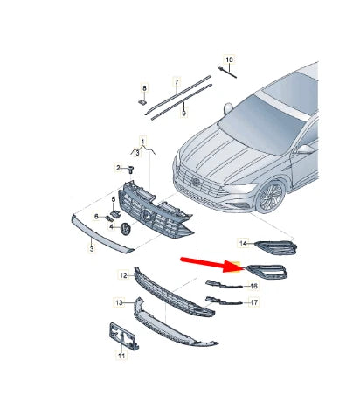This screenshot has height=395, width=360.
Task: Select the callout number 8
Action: click(145, 88)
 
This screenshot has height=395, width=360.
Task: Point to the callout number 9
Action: click(183, 113)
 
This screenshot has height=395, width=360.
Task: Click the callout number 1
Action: click(144, 141)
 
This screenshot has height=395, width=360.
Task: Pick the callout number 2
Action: click(117, 167)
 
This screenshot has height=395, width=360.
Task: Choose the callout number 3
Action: click(91, 249)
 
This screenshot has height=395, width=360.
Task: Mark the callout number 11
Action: click(121, 356)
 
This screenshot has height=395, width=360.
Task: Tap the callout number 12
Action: click(123, 274)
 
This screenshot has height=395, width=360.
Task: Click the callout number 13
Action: click(118, 302)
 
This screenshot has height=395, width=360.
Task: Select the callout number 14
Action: click(245, 242)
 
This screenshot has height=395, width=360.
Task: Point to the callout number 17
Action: click(253, 303)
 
